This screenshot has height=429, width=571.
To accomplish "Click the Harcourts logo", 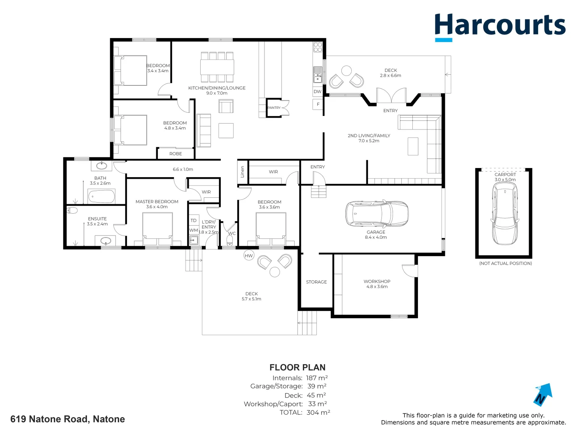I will [500, 26].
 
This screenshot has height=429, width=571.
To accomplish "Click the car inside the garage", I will [377, 213].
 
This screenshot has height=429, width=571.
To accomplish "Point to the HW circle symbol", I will [249, 255].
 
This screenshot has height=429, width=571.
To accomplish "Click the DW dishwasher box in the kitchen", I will [318, 91].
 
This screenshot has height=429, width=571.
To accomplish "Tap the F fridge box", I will [318, 104].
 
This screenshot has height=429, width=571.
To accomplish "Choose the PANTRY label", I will [274, 108].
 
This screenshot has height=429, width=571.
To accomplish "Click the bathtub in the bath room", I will [102, 196].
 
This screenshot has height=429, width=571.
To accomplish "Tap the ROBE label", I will [176, 154].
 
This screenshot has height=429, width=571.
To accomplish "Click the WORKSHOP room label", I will [377, 281].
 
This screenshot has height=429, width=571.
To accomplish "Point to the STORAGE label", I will [316, 282].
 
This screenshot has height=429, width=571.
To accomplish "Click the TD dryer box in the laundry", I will [194, 220].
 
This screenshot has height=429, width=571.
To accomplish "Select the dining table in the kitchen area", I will [217, 67].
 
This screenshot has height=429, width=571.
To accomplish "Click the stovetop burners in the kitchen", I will [318, 47].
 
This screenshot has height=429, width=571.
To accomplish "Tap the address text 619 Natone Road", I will [67, 419].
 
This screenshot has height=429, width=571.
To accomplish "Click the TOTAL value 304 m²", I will [318, 412].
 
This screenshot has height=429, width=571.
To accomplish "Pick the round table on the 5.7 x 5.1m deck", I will [275, 272].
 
